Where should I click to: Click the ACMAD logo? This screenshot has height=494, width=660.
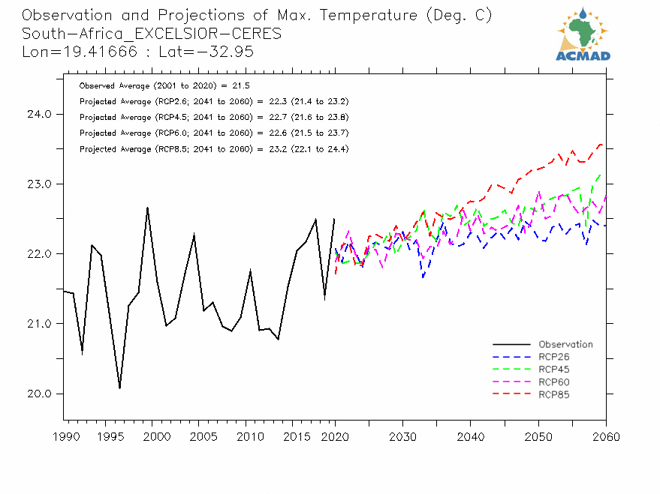583,34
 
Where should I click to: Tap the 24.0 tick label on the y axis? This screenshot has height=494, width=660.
37,115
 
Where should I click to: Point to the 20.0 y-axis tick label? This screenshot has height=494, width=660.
37,394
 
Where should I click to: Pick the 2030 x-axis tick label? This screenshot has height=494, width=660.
402,437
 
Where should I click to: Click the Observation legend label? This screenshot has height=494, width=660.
565,345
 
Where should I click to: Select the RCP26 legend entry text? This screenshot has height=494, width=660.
554,357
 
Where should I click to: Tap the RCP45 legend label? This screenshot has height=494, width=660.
554,370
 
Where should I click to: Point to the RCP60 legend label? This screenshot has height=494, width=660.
554,382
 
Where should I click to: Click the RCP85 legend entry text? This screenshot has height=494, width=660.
554,394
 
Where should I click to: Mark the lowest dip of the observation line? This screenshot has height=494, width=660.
119,388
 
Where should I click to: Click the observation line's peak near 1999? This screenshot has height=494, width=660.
147,208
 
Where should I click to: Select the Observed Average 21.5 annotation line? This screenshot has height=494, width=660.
164,86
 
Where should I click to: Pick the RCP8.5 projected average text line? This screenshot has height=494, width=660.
213,149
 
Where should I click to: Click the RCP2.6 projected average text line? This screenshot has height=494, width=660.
213,101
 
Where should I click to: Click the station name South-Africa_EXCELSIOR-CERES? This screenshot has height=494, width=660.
152,34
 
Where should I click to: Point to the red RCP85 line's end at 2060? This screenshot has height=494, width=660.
602,144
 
